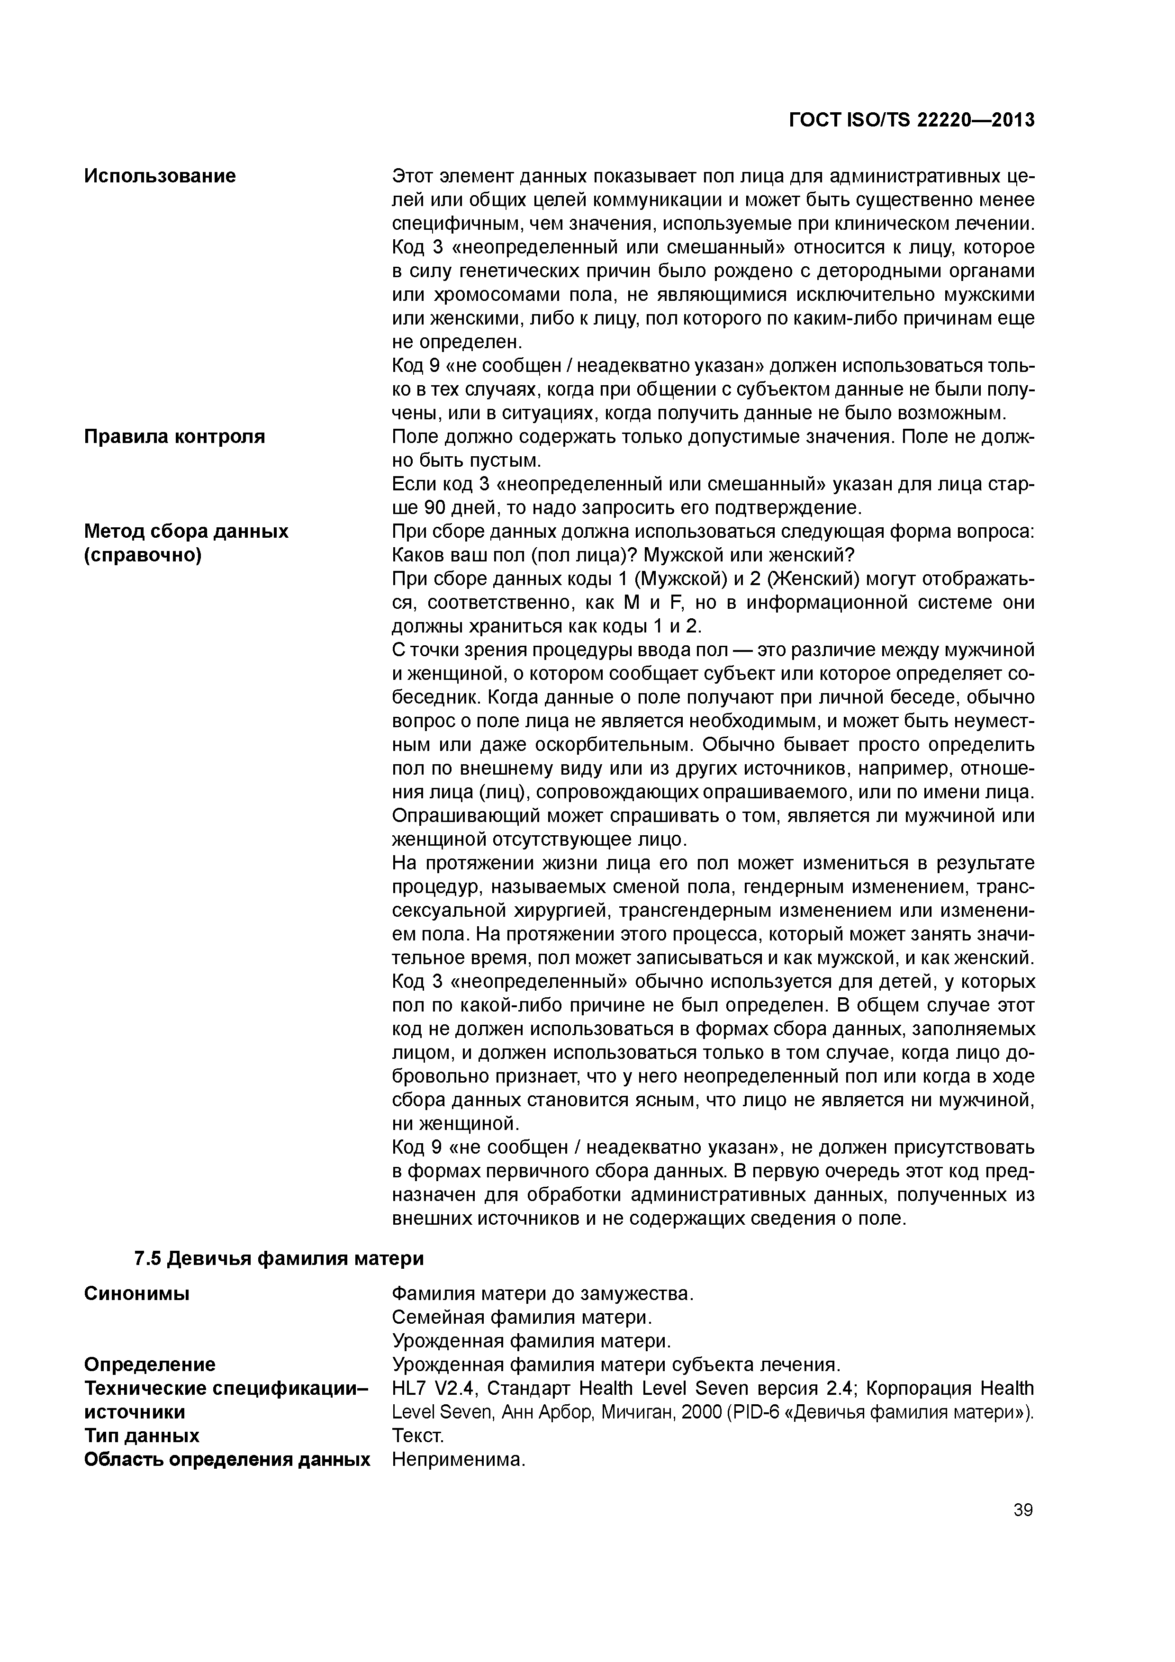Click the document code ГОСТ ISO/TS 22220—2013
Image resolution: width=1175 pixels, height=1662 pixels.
pyautogui.click(x=912, y=120)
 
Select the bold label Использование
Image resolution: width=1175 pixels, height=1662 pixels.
pyautogui.click(x=160, y=176)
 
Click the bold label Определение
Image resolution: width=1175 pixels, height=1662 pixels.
pyautogui.click(x=150, y=1364)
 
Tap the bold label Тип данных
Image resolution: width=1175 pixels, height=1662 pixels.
pyautogui.click(x=142, y=1436)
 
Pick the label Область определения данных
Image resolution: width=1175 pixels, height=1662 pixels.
pyautogui.click(x=226, y=1459)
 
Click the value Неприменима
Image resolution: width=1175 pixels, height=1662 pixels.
pyautogui.click(x=458, y=1459)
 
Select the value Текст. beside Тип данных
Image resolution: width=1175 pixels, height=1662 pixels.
pyautogui.click(x=418, y=1436)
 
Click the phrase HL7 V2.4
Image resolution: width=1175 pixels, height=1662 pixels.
pyautogui.click(x=433, y=1388)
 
